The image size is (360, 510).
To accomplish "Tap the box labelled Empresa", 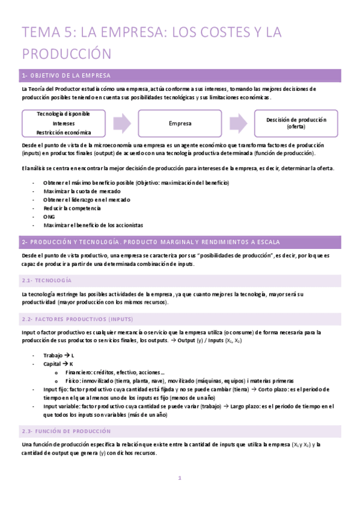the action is tap(180, 123).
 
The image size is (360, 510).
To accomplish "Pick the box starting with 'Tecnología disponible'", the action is tap(64, 123).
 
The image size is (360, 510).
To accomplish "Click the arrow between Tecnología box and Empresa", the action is tap(122, 123).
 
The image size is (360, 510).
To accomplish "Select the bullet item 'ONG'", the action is tap(49, 217).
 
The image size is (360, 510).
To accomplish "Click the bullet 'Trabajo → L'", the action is tap(59, 355).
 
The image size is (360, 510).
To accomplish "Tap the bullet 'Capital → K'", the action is tap(58, 364).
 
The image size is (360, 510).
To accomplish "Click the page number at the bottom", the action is tap(179, 478).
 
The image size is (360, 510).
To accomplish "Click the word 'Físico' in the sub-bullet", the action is tap(74, 381).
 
